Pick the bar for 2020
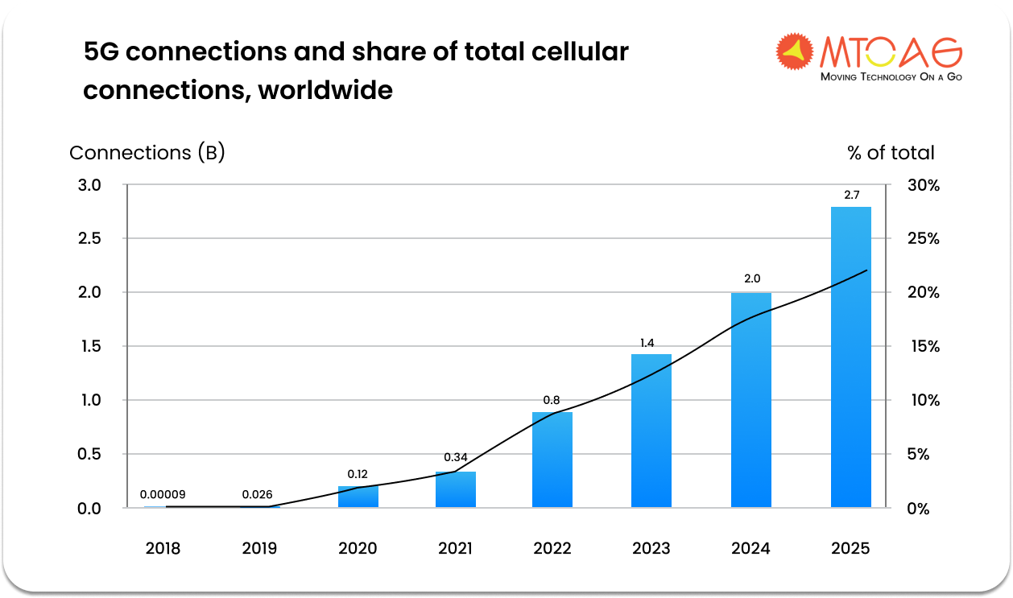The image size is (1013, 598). click(358, 496)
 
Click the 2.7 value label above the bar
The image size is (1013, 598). click(850, 195)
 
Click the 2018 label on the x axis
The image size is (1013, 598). click(163, 549)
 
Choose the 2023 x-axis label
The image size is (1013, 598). click(651, 549)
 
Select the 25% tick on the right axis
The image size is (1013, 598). click(923, 238)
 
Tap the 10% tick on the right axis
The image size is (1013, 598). click(923, 400)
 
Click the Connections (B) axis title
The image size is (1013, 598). click(147, 153)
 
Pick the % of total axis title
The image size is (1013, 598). click(891, 153)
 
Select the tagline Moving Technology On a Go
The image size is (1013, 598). click(891, 77)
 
